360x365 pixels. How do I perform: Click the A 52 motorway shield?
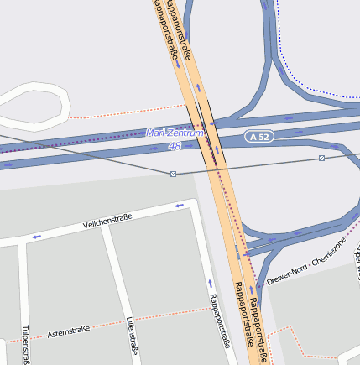(x=260, y=135)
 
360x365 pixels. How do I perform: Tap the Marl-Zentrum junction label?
(x=175, y=133)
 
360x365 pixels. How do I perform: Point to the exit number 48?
(x=175, y=146)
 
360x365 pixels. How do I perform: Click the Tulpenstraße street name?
(x=25, y=344)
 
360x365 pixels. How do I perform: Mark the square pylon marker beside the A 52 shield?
(x=321, y=158)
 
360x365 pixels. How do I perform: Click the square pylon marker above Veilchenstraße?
(x=173, y=174)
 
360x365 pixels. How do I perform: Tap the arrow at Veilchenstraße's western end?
(x=36, y=237)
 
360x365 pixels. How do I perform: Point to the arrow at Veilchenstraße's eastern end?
(x=179, y=206)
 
